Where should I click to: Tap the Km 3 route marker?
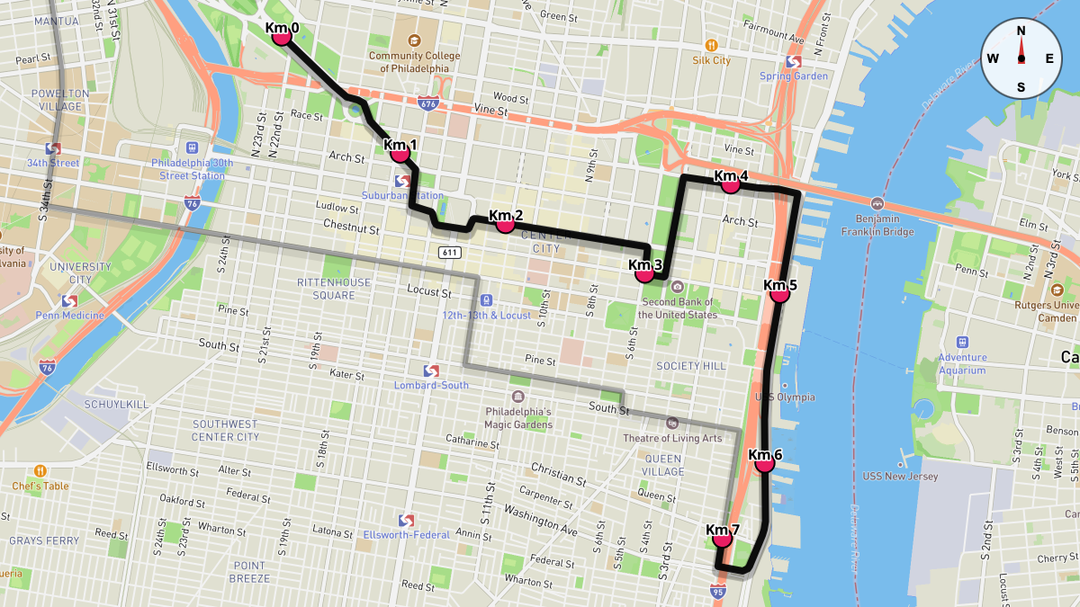point(644,273)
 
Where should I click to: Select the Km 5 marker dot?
point(779,293)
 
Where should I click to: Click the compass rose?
point(1021,58)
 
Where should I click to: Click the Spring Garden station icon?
point(794,61)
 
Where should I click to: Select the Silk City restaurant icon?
point(711,44)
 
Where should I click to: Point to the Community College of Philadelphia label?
point(414,61)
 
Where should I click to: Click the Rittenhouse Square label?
point(334,289)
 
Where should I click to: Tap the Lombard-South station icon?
point(430,370)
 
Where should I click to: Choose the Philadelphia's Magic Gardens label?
point(518,418)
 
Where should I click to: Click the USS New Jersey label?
point(900,477)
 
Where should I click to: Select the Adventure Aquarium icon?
point(962,342)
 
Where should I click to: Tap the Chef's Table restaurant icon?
point(40,471)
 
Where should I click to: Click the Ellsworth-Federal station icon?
point(405,520)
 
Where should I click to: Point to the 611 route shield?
point(451,253)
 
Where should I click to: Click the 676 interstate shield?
point(427,103)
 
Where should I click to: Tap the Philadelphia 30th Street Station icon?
point(191,147)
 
